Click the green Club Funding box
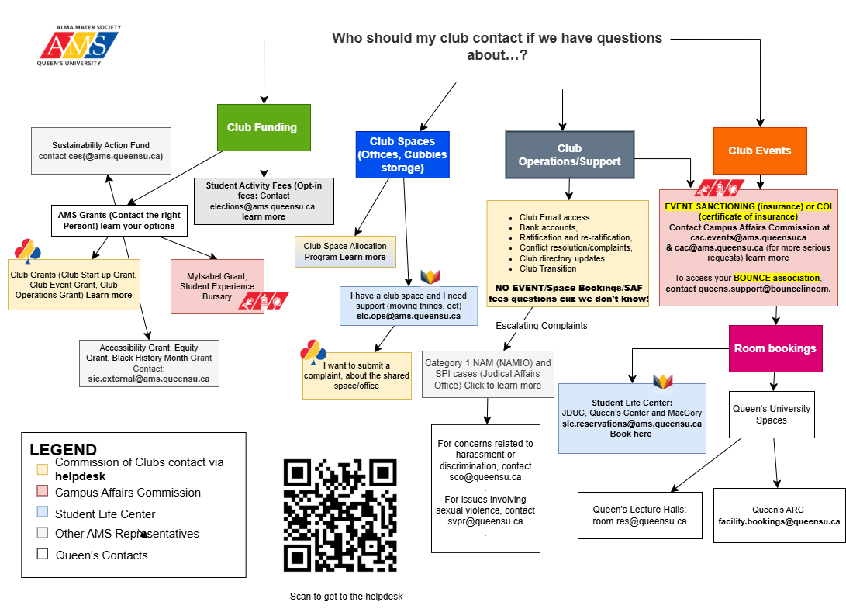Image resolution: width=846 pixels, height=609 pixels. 264,127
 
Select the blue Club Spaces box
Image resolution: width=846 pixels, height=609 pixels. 402,154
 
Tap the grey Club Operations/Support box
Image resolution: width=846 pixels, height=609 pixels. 569,155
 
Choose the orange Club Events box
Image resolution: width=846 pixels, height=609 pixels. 759,151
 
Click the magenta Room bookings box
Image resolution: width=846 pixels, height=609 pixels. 775,348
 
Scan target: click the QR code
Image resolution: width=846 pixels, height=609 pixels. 340,517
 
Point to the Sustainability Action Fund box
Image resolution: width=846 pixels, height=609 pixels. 101,151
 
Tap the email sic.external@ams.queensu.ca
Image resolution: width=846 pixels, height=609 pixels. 148,379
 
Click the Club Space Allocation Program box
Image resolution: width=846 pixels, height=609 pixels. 344,251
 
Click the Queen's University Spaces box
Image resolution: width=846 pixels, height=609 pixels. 771,414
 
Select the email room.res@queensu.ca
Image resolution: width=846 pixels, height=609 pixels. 639,521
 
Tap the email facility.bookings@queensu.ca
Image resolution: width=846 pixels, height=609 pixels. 779,521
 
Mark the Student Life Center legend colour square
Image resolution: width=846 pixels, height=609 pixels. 42,512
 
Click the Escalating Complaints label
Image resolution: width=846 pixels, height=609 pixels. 541,326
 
